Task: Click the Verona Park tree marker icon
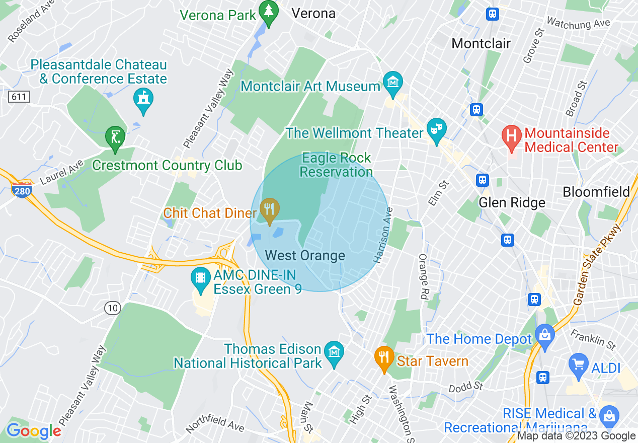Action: coord(269,13)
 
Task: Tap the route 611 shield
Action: coord(19,96)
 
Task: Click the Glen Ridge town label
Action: coord(512,202)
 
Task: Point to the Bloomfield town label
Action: coord(596,192)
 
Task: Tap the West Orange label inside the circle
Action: coord(305,255)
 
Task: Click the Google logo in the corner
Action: coord(34,430)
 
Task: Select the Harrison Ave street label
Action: coord(382,236)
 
